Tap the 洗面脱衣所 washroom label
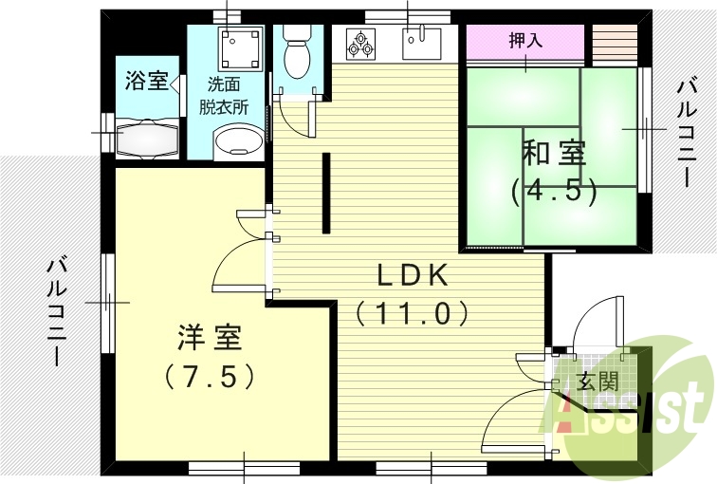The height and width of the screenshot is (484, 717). pos(224,96)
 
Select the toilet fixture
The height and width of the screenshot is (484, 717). pos(296,52)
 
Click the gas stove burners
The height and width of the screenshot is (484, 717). pos(361,43)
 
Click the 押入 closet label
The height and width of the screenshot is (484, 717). pos(524,42)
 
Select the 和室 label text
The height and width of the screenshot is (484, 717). pos(554,153)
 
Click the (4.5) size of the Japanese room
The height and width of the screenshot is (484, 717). pos(554,191)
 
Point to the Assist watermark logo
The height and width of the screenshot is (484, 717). pos(631,403)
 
